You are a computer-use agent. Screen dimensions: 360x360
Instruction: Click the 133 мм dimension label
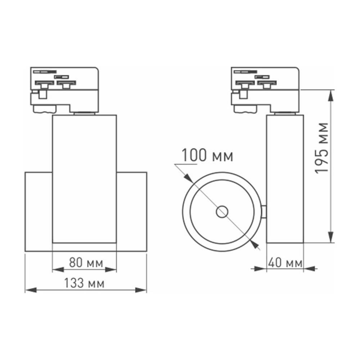tap(85, 284)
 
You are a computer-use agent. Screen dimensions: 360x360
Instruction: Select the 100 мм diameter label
tap(207, 156)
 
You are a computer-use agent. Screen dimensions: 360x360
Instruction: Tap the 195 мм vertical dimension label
tap(322, 148)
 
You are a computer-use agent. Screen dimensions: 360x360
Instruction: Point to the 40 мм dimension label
tap(285, 263)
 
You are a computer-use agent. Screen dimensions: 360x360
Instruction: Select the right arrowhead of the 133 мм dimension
tap(142, 290)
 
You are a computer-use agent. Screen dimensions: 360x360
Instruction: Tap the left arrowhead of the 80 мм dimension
tap(57, 269)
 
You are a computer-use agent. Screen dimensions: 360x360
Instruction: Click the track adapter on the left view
tap(64, 88)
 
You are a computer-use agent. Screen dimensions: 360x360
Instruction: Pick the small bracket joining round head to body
tap(264, 212)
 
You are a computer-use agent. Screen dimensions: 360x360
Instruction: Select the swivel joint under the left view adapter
tap(84, 113)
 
